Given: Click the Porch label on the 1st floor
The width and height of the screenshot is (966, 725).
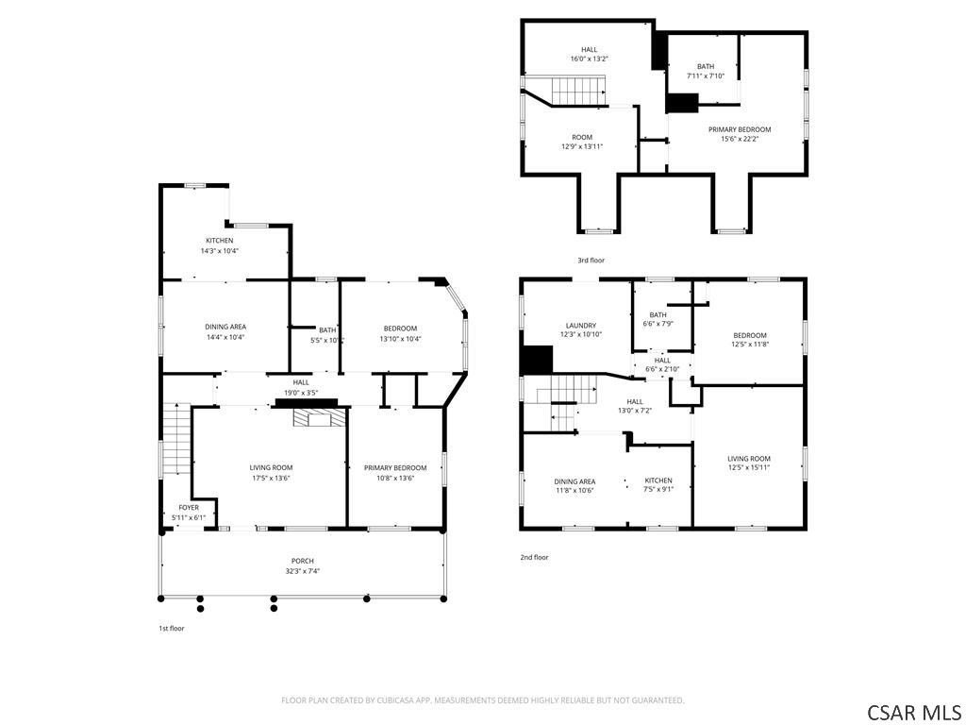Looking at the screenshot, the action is point(303,561).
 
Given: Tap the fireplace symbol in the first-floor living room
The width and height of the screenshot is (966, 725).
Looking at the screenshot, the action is point(315,418).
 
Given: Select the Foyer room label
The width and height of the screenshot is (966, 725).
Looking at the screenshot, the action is point(189,507).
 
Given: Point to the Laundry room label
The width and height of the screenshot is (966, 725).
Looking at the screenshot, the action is point(581,326).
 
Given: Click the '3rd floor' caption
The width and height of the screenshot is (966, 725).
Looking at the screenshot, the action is point(591,261).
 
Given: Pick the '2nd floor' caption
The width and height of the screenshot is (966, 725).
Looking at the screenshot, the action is point(534,557).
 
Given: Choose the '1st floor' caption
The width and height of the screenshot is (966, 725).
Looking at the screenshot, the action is point(172,628).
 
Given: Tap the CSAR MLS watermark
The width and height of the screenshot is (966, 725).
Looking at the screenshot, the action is point(913,713).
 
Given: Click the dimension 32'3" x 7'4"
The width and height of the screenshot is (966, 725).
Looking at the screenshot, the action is point(303,571).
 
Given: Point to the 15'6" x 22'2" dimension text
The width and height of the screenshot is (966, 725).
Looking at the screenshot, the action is point(740,139).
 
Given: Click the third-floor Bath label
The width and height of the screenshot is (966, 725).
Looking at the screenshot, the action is point(706,67).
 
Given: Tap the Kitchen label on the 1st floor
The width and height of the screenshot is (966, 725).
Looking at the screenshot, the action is point(219,241).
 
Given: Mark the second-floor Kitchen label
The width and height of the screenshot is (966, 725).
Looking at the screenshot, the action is point(658,481).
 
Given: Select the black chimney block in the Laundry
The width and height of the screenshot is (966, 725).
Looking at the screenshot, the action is point(537,360).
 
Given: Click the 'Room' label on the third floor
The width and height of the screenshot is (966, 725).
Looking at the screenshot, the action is point(581,138).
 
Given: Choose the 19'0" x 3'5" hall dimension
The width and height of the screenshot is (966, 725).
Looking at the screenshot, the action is point(301,393).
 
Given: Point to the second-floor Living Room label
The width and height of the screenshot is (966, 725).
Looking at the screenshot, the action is point(748,458).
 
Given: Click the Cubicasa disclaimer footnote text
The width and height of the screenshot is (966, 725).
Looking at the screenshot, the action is point(482,700).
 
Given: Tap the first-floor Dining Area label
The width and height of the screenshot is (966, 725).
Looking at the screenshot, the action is point(225,327).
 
